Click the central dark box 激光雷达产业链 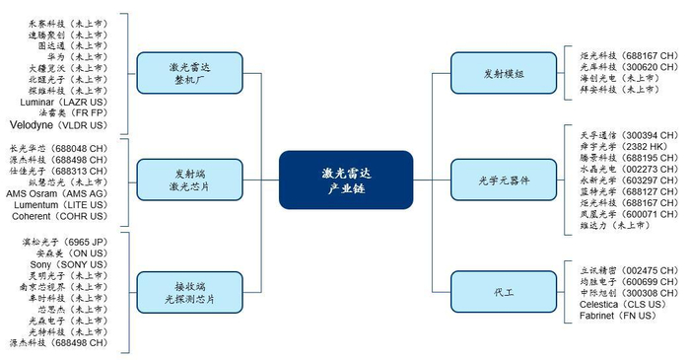tap(344, 180)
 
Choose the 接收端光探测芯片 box tap(187, 291)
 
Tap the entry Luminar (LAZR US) tap(64, 102)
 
